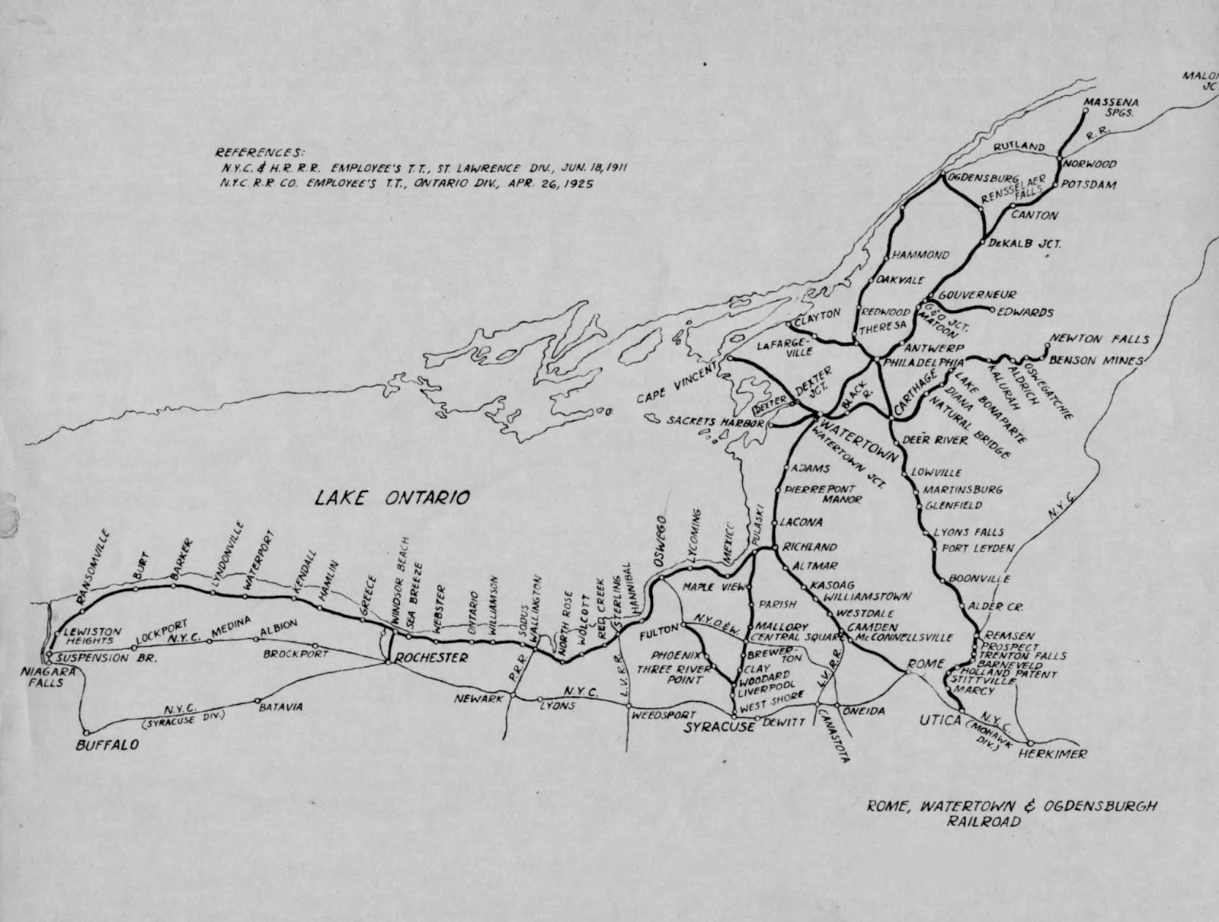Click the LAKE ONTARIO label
point(392,498)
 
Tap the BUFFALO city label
point(107,745)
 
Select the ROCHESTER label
point(431,657)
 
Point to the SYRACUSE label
point(718,727)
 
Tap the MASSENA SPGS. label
point(1110,107)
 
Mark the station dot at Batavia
point(258,700)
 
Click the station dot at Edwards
point(992,310)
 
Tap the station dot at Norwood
point(1059,161)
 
